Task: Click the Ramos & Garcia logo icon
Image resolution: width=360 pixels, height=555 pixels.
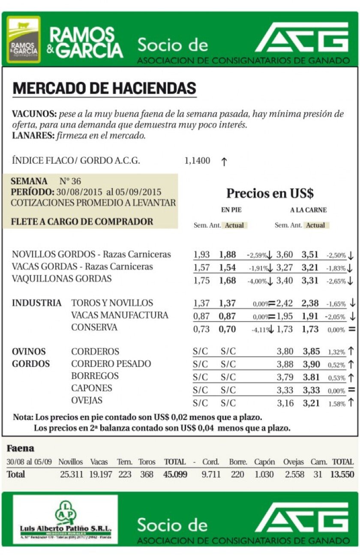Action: tap(24, 39)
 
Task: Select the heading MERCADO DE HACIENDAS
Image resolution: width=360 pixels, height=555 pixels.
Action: tap(104, 88)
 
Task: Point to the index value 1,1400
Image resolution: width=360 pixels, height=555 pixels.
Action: tap(197, 161)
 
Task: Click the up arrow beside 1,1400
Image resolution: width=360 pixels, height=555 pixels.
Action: tap(224, 162)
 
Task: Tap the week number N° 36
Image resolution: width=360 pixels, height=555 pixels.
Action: tap(70, 181)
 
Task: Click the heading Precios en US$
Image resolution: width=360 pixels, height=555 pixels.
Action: tap(270, 193)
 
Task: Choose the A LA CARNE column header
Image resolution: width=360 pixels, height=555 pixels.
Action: tap(308, 210)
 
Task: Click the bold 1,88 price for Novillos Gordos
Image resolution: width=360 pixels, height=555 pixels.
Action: tap(228, 255)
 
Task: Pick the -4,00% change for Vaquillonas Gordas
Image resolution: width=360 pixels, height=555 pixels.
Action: tap(256, 281)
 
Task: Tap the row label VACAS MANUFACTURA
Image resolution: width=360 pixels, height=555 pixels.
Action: tap(120, 315)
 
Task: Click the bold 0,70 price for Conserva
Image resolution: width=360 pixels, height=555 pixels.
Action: tap(228, 330)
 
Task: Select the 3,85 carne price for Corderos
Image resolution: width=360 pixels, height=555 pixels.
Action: tap(311, 351)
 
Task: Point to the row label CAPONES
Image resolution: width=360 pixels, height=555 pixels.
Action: tap(92, 388)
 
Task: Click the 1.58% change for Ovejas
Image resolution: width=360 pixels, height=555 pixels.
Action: tap(336, 404)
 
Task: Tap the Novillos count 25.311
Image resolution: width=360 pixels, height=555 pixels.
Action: tap(71, 474)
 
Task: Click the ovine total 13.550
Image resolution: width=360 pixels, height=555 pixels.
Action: tap(342, 474)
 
